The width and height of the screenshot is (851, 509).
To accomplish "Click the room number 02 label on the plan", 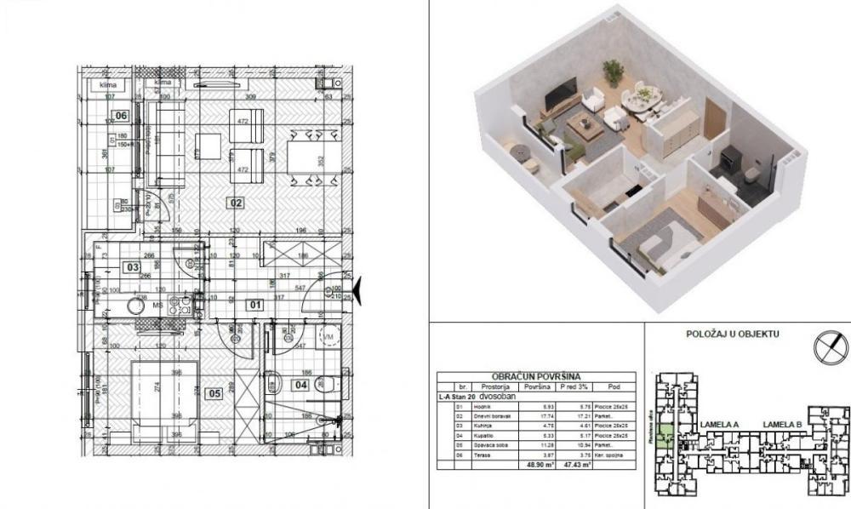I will [x=236, y=203].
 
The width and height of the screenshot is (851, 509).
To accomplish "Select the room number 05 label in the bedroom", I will [x=214, y=392].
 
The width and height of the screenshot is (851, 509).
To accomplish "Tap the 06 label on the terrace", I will [x=122, y=116].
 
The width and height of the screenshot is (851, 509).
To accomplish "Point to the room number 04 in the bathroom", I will [x=301, y=384].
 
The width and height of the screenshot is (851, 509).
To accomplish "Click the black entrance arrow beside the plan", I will [x=358, y=291].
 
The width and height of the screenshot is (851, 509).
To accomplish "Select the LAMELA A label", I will [x=720, y=423].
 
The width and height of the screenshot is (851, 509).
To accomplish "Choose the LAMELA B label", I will [x=783, y=423].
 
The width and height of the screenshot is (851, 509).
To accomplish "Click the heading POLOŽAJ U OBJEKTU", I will [x=732, y=335].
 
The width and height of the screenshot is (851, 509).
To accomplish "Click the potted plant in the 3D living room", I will [x=612, y=71].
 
